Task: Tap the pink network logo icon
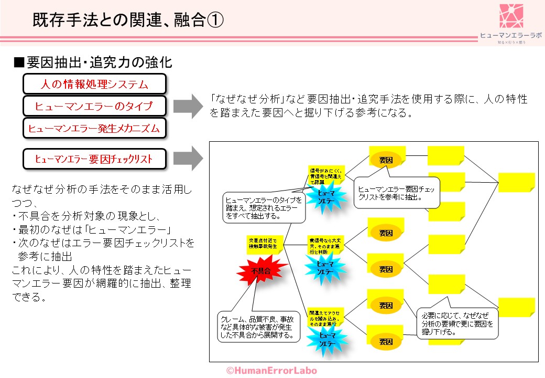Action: (x=511, y=16)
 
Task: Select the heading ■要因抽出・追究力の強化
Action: (x=93, y=62)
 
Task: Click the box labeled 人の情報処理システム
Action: (x=94, y=84)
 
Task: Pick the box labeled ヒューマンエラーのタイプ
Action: (x=94, y=106)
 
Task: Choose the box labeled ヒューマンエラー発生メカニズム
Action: (x=94, y=128)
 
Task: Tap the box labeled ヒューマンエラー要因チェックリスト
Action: (x=94, y=158)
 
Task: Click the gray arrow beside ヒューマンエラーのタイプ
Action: (x=188, y=106)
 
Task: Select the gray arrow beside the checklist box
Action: (x=188, y=158)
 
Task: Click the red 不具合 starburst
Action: (x=261, y=271)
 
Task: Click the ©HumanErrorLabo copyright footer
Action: (x=271, y=370)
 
